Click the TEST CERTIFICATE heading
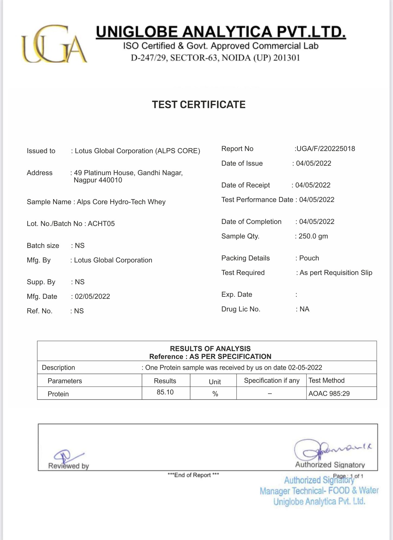coord(199,105)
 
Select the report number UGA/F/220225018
coord(326,149)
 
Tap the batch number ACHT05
coord(101,224)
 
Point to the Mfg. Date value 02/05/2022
coord(92,296)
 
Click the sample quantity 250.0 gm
coord(313,236)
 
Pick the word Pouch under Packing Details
coord(309,258)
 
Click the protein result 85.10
coord(165,392)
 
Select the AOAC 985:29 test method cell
coord(329,394)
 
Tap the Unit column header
coord(215,382)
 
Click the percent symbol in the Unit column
coord(215,394)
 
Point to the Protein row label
coord(58,394)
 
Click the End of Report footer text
coord(193,475)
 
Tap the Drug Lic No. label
coord(241,309)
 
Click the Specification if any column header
coord(271,381)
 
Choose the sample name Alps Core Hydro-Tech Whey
coord(121,202)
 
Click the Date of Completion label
coord(251,222)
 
